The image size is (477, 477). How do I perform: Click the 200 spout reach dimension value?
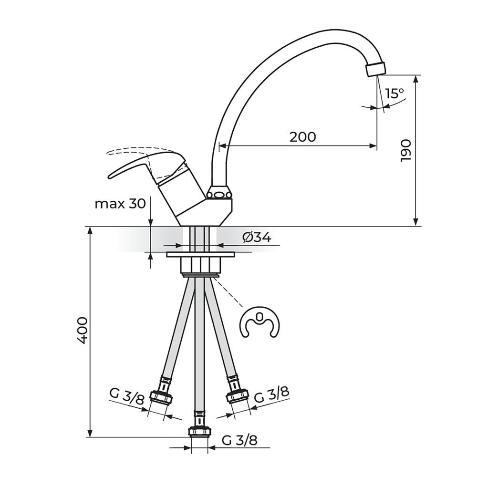pos(302,137)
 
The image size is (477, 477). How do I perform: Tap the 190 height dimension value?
pos(406,151)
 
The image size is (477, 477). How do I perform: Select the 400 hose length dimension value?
pos(82,331)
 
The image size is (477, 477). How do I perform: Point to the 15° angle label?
pos(394,93)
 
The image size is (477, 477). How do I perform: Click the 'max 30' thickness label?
pos(121,204)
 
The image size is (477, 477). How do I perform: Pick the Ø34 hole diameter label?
pos(257,237)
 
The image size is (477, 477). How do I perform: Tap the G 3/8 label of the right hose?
pos(271,394)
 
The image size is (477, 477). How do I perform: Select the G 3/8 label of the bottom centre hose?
pos(239,440)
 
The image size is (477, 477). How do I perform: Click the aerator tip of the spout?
pos(376,69)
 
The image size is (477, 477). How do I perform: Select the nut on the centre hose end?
pos(199,432)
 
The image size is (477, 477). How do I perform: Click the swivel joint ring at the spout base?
pos(219,193)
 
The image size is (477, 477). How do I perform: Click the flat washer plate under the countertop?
pos(201,255)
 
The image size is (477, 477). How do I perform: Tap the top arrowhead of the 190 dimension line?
pos(416,78)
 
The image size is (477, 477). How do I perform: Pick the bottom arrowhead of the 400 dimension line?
pos(90,434)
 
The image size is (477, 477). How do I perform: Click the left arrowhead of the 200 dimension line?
pos(223,145)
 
